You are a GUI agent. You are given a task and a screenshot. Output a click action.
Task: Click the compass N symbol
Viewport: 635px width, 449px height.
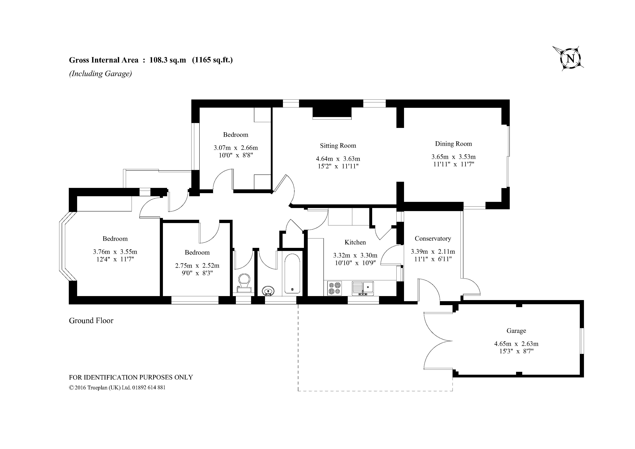point(570,59)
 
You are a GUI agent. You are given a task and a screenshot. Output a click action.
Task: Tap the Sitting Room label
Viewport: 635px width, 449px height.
point(338,146)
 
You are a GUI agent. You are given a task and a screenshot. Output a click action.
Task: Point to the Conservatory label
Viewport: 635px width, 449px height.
point(433,239)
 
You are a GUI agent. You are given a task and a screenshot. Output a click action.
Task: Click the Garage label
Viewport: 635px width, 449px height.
point(516,331)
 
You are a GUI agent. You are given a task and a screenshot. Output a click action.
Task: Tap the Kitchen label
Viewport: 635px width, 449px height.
point(355,242)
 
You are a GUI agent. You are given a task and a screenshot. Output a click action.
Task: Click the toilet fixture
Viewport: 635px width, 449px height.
point(244,283)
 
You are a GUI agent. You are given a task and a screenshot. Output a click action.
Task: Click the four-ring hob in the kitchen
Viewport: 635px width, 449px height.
point(334,288)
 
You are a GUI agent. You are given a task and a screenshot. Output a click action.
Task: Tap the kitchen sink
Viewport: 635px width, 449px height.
point(363,288)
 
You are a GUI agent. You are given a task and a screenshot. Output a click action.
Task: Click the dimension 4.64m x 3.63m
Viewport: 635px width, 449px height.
point(338,159)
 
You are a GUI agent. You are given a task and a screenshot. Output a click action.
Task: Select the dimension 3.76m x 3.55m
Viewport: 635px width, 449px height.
point(115,252)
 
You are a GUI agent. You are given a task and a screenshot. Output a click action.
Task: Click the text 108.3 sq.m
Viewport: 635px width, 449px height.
point(168,60)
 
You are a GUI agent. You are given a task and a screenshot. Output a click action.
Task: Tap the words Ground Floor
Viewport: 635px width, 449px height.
point(91,321)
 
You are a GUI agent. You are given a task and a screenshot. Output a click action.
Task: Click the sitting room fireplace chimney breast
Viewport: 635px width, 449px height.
point(332,113)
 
